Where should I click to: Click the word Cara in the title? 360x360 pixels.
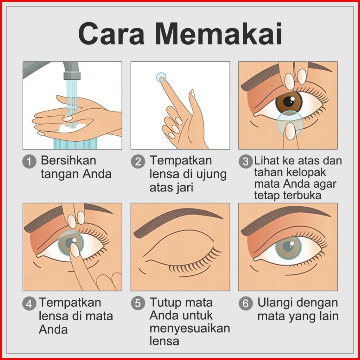(111, 33)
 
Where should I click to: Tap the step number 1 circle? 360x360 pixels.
(29, 162)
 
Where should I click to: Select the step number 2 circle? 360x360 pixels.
(138, 162)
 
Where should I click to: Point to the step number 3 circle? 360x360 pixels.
(245, 162)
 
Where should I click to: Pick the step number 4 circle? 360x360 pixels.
(29, 303)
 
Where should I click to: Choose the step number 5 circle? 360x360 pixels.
(138, 303)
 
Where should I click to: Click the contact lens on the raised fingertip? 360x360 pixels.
(161, 77)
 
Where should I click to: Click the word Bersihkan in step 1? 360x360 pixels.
(69, 160)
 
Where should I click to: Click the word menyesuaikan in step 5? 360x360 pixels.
(190, 329)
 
